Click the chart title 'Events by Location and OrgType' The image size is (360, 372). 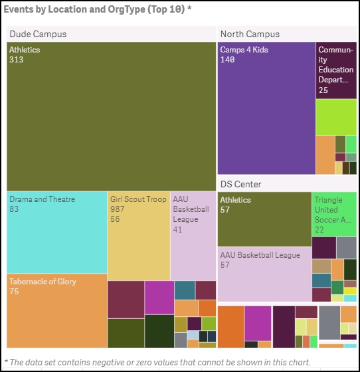74,9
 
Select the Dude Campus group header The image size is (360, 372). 38,34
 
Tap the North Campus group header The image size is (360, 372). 250,34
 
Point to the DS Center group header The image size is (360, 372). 240,184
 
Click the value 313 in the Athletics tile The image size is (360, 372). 17,60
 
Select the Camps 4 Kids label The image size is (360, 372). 244,50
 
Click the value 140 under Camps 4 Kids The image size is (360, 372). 227,60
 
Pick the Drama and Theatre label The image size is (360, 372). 43,199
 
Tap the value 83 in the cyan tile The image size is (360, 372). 14,209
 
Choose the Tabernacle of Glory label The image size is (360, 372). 43,282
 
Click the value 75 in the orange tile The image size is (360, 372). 14,292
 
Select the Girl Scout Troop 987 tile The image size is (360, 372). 139,236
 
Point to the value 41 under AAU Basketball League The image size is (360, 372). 177,229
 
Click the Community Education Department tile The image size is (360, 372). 336,70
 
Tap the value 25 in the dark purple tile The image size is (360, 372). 323,90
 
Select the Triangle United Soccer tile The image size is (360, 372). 334,214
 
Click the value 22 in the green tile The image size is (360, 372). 319,230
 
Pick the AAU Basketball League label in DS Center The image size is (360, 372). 260,255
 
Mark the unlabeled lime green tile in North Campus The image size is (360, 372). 336,117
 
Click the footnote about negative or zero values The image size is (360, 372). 157,363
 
